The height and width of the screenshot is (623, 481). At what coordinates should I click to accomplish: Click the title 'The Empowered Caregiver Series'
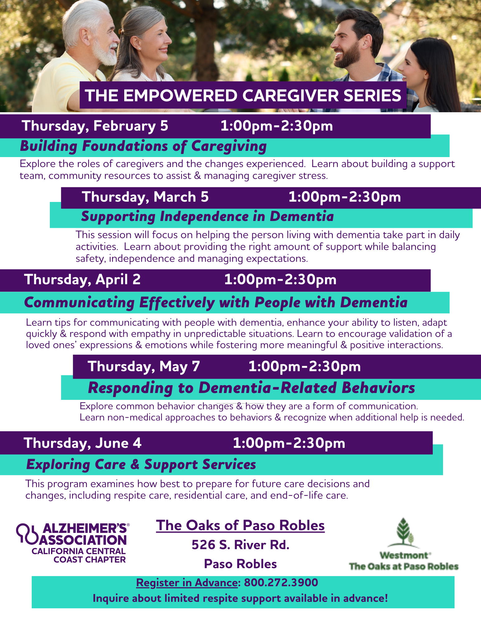pos(243,95)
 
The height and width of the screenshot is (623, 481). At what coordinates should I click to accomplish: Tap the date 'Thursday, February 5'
pos(95,126)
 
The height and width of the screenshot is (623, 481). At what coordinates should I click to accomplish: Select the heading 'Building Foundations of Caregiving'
pos(143,146)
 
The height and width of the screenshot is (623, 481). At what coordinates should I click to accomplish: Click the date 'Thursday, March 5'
pos(145,197)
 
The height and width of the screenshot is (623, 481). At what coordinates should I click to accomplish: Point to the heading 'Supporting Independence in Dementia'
pos(207,217)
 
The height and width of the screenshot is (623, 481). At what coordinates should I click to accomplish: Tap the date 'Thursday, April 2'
pos(83,280)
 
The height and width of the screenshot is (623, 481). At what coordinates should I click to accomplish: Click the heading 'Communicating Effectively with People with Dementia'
pos(216,303)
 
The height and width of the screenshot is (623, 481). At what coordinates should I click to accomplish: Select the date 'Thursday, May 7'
pos(144,367)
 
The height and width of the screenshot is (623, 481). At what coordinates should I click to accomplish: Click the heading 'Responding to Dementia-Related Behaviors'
pos(252,388)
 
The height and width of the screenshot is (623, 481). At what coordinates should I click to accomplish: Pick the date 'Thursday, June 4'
pos(83,443)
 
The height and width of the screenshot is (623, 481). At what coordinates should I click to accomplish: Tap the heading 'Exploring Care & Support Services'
pos(141,464)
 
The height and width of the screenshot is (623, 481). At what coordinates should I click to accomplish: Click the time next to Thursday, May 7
pos(304,367)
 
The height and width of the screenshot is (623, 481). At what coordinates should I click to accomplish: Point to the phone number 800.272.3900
pos(281,582)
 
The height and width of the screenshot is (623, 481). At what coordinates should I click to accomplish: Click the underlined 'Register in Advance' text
pos(187,582)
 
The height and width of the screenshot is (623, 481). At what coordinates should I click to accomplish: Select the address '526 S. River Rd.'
pos(241,545)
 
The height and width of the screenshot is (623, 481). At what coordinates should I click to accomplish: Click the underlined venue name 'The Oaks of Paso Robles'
pos(240,525)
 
